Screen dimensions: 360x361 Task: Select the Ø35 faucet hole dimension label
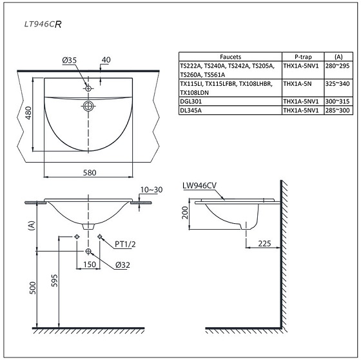tap(70, 60)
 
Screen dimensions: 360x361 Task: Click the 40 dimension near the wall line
tap(106, 59)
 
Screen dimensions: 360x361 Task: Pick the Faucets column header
tap(229, 56)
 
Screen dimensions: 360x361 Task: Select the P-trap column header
tap(302, 56)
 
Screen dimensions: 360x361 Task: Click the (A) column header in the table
tap(335, 56)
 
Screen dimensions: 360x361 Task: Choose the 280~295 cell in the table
tap(335, 65)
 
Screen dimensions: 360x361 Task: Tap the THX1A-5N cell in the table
tap(298, 84)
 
